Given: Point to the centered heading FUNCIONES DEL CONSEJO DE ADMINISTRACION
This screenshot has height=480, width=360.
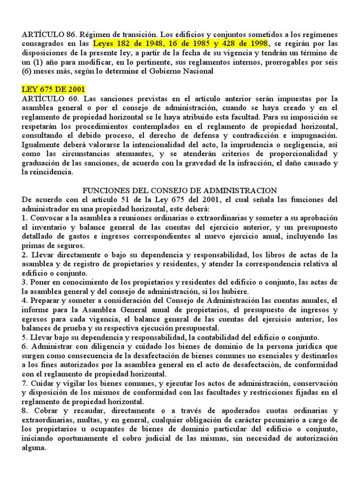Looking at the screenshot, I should [180, 190].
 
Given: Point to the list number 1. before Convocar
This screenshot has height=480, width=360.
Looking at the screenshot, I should [25, 218].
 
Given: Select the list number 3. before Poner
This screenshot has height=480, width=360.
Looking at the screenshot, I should [25, 282].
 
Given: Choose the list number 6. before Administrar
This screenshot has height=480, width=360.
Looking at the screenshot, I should [25, 346].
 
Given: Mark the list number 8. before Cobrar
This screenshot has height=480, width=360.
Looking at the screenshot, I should [25, 411].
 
